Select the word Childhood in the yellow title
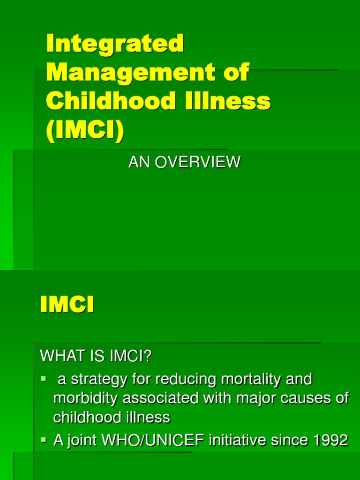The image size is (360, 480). [103, 101]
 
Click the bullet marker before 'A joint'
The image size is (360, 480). [44, 440]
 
